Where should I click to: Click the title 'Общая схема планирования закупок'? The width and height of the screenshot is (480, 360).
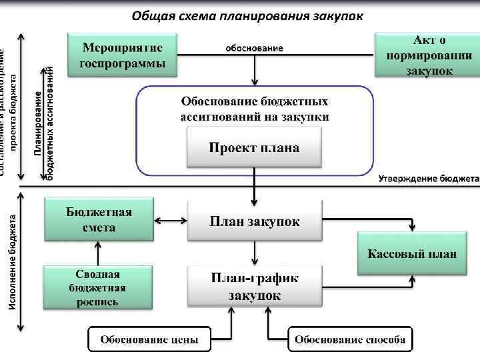[x=247, y=15]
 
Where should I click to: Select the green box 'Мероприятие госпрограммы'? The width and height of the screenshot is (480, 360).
[x=121, y=55]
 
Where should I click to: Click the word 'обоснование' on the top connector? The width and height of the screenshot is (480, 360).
[x=253, y=48]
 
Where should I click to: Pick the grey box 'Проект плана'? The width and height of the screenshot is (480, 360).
[x=254, y=147]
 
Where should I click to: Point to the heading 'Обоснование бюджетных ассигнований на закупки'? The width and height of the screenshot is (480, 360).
[x=254, y=109]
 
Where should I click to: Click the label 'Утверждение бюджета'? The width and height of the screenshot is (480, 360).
[x=429, y=179]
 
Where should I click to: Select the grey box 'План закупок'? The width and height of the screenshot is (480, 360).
[x=254, y=221]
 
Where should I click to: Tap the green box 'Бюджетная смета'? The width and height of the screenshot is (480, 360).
[x=99, y=219]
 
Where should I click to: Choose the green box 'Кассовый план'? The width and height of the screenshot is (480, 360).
[x=412, y=253]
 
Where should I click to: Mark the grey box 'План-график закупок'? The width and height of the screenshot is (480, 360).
[x=254, y=285]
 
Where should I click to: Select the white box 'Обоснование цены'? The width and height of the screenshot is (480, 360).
[x=149, y=339]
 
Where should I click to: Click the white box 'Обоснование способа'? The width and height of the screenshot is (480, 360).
[x=350, y=339]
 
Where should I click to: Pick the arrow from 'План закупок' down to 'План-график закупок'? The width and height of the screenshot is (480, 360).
[x=254, y=252]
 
